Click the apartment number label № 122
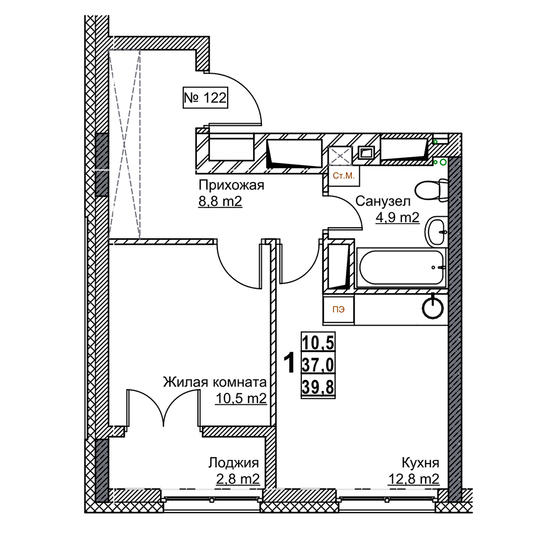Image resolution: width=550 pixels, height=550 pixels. (x=205, y=98)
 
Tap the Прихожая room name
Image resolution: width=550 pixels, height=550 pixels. (x=231, y=185)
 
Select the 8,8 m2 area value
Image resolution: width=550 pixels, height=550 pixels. (x=220, y=202)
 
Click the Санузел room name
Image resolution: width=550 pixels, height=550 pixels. (x=383, y=201)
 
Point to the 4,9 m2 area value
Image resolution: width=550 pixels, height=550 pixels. (x=397, y=218)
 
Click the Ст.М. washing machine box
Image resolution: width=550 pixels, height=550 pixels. (x=344, y=175)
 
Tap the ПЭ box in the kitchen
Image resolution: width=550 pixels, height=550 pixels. (x=339, y=309)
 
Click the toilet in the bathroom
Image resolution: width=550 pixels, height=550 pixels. (x=430, y=190)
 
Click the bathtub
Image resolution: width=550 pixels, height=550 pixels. (x=401, y=268)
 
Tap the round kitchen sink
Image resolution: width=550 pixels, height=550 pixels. (x=432, y=308)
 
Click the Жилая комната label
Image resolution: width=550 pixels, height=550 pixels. (x=215, y=382)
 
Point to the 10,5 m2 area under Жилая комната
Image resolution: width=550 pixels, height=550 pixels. (x=241, y=398)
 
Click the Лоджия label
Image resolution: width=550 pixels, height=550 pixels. (x=234, y=462)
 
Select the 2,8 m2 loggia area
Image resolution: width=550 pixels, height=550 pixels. (x=238, y=479)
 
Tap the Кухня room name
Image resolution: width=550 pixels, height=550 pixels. (x=420, y=462)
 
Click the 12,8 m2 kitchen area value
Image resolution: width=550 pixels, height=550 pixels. (x=414, y=479)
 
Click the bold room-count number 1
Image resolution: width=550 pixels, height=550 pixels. (x=288, y=363)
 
